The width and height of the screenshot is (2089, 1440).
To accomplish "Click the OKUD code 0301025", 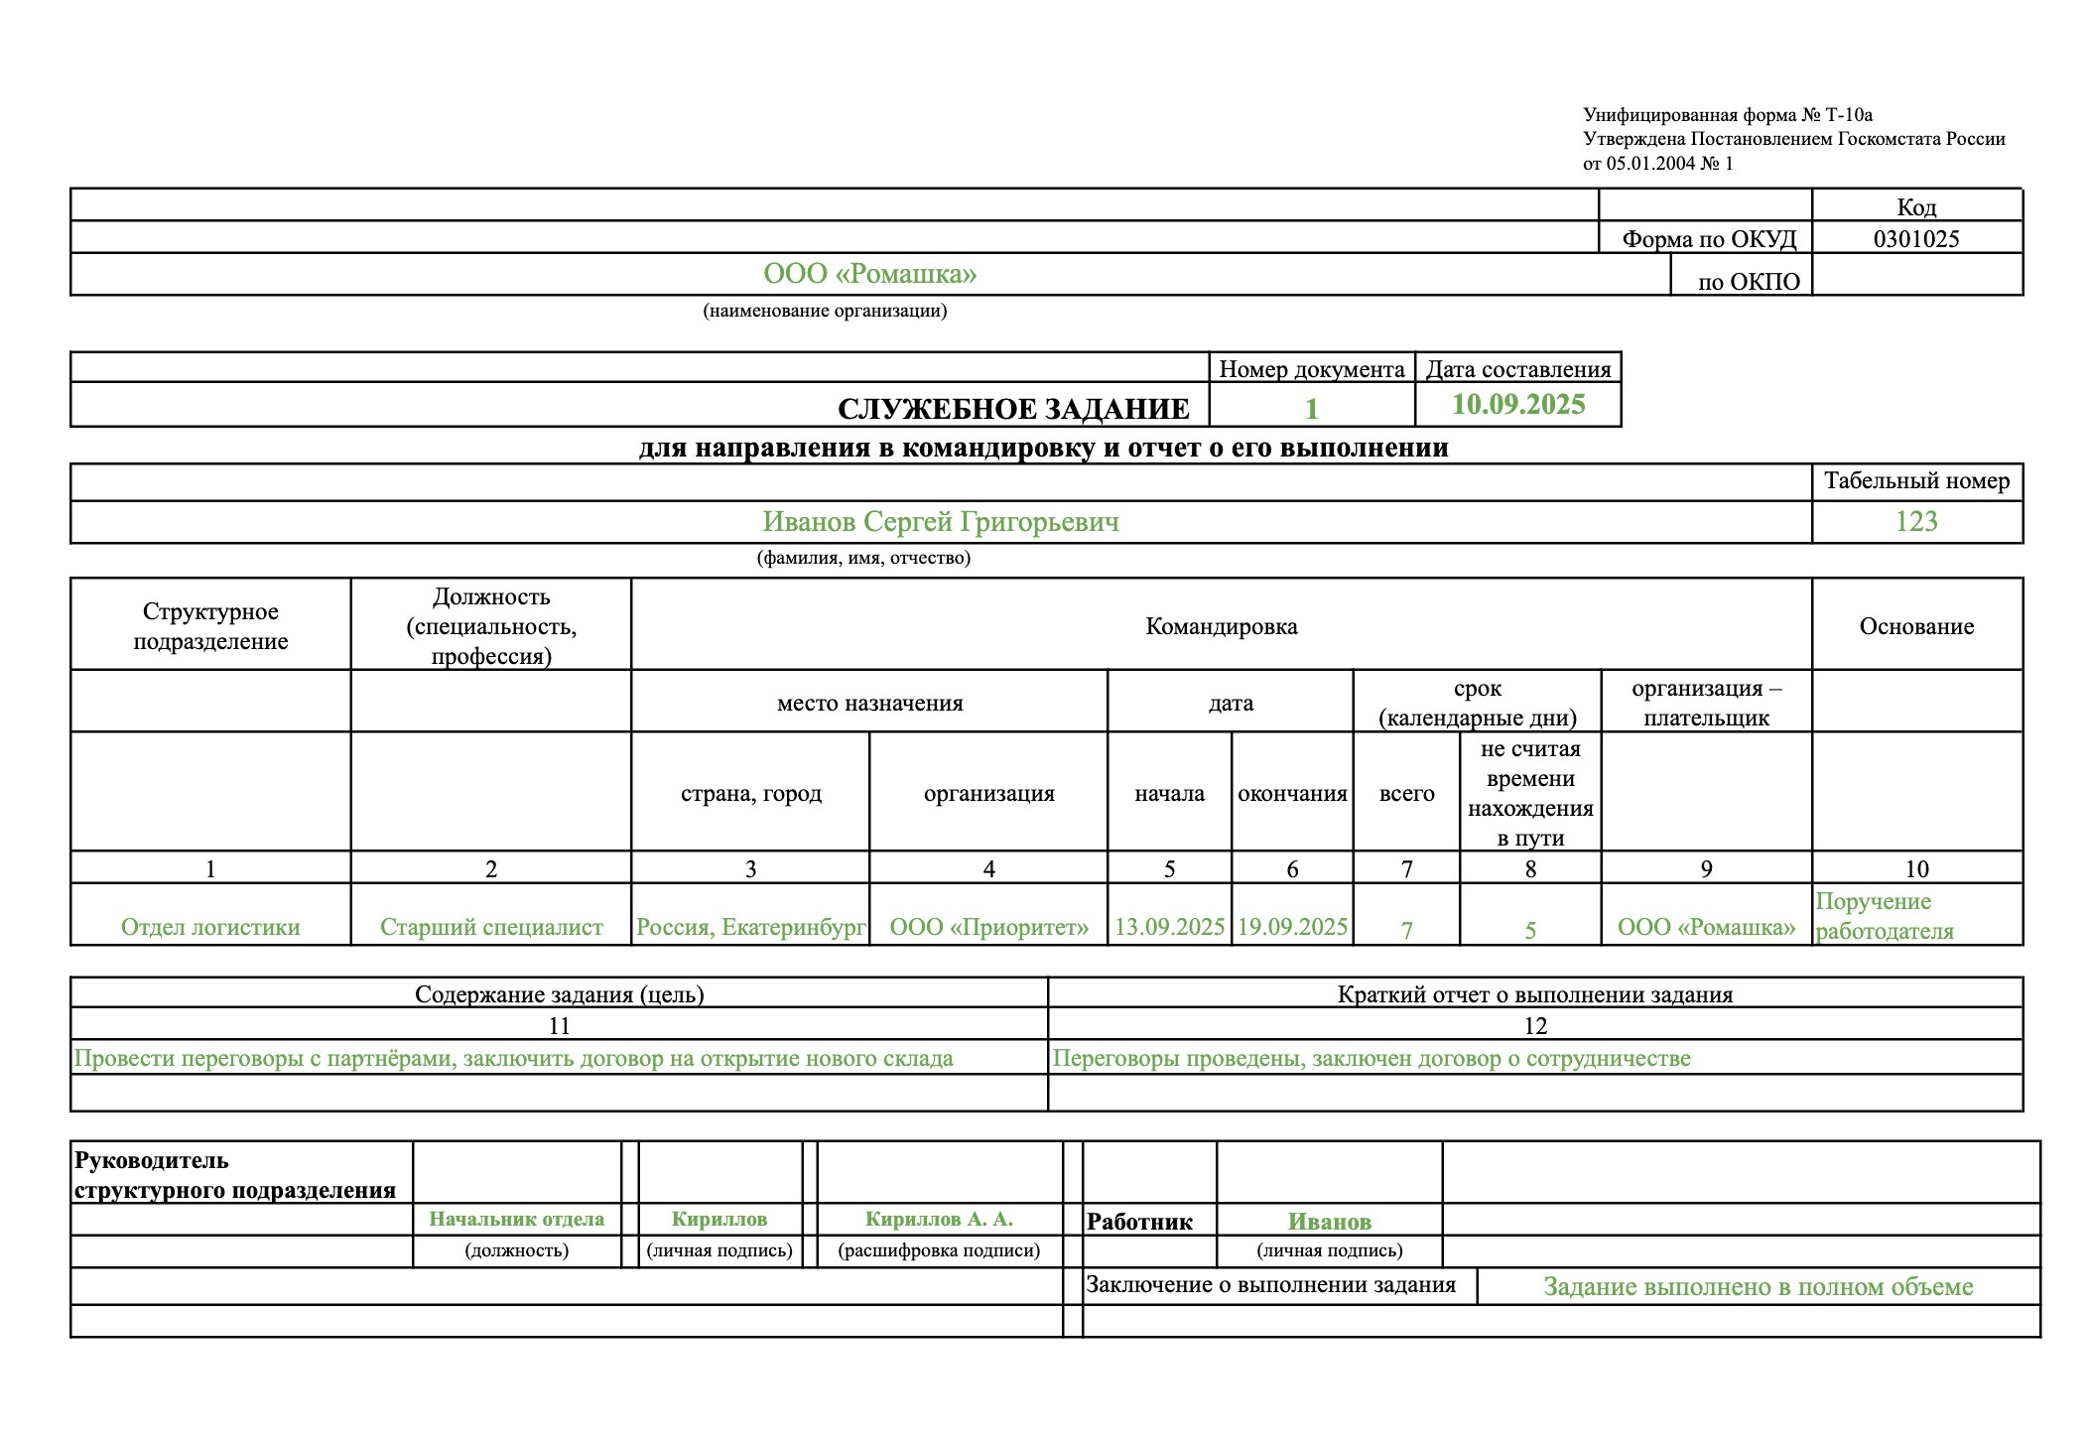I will point(1915,239).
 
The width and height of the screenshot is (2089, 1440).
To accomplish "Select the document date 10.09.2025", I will point(1518,405).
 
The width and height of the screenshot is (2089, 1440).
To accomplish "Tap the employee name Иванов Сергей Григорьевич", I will point(940,522).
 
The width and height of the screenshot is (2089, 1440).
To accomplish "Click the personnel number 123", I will point(1915,522).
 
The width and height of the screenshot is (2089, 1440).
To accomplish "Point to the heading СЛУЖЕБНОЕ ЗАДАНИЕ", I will point(1013,409).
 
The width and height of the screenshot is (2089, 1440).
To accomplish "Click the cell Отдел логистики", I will point(210,927).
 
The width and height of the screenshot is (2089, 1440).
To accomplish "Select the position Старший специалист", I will point(491,927).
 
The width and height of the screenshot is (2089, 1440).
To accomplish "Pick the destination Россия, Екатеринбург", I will point(750,927).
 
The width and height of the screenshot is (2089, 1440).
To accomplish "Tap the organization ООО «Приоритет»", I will point(988,927).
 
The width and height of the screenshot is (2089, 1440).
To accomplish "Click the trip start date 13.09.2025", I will point(1169,927).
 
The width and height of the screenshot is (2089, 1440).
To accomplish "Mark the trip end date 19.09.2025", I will point(1292,927).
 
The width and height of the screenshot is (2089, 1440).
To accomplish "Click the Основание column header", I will point(1915,626).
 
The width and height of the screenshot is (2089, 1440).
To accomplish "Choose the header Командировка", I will point(1221,626).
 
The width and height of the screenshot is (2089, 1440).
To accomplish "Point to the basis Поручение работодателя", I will point(1884,916).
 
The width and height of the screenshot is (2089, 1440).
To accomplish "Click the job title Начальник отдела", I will point(516,1219).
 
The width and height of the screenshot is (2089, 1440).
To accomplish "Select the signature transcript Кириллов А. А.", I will point(939,1219).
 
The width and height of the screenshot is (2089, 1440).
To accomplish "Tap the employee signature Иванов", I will point(1329,1222).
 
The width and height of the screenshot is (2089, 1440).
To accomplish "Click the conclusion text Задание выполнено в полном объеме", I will point(1758,1287).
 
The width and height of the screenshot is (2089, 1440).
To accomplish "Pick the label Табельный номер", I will point(1915,481).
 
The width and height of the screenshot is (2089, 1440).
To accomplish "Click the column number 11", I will point(559,1025).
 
